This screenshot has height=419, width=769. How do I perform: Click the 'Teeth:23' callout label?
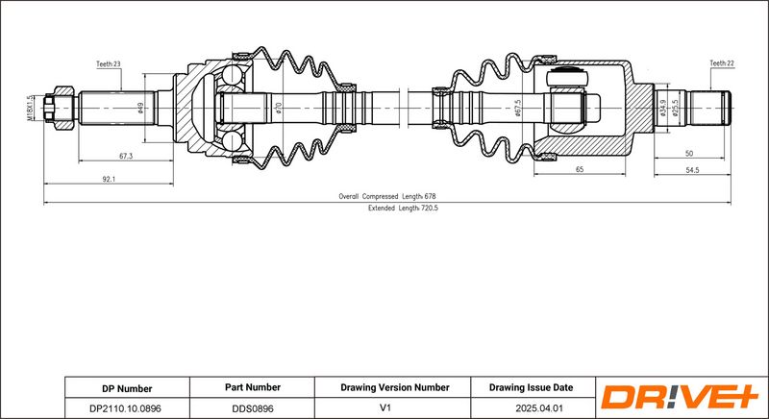coord(108,63)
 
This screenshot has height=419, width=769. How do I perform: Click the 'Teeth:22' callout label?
coord(722,63)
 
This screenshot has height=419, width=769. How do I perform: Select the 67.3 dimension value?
coord(126,156)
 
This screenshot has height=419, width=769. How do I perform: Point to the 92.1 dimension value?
coord(109,180)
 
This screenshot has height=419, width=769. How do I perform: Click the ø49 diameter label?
coord(140,108)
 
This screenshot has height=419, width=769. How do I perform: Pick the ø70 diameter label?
coord(279,108)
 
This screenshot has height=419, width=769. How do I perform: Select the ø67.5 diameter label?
coord(518,108)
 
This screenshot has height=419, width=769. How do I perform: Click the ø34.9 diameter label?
coord(663,108)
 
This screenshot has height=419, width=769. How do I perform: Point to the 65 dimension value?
coord(580,169)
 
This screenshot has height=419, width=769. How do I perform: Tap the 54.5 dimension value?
coord(692,170)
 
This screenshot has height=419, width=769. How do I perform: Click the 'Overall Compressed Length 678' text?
coord(387,196)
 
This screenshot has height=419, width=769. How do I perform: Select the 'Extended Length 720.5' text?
coord(403,208)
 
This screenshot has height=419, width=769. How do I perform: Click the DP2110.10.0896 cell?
coord(127,407)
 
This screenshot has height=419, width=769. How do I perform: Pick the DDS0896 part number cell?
coord(252,407)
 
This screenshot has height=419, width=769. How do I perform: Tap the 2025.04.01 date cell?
coord(533,407)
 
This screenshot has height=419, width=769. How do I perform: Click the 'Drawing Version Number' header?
coord(395,387)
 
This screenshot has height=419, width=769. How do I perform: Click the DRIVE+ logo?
coord(681,397)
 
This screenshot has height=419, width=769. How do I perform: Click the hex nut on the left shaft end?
coord(63,108)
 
